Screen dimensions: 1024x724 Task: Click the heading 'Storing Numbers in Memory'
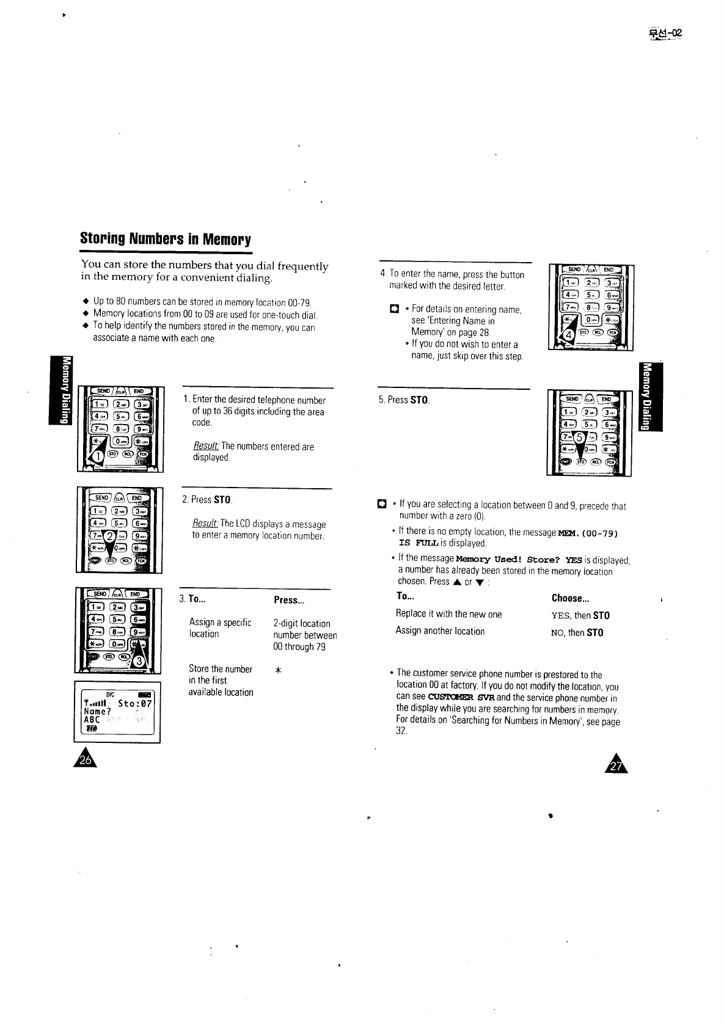(x=166, y=238)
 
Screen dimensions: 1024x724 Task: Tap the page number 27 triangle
(x=618, y=763)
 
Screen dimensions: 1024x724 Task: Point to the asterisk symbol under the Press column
(x=278, y=670)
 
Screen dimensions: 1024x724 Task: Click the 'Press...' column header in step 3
(x=289, y=600)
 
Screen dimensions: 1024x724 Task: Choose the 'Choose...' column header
(x=570, y=598)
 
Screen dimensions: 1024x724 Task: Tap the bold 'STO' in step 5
(x=419, y=401)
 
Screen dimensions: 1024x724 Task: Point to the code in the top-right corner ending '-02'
(x=664, y=34)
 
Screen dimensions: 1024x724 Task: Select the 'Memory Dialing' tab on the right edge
(x=645, y=396)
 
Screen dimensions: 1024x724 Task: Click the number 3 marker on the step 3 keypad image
(x=141, y=661)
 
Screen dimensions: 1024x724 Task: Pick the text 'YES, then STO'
(x=580, y=615)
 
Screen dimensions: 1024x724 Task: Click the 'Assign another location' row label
(x=440, y=631)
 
